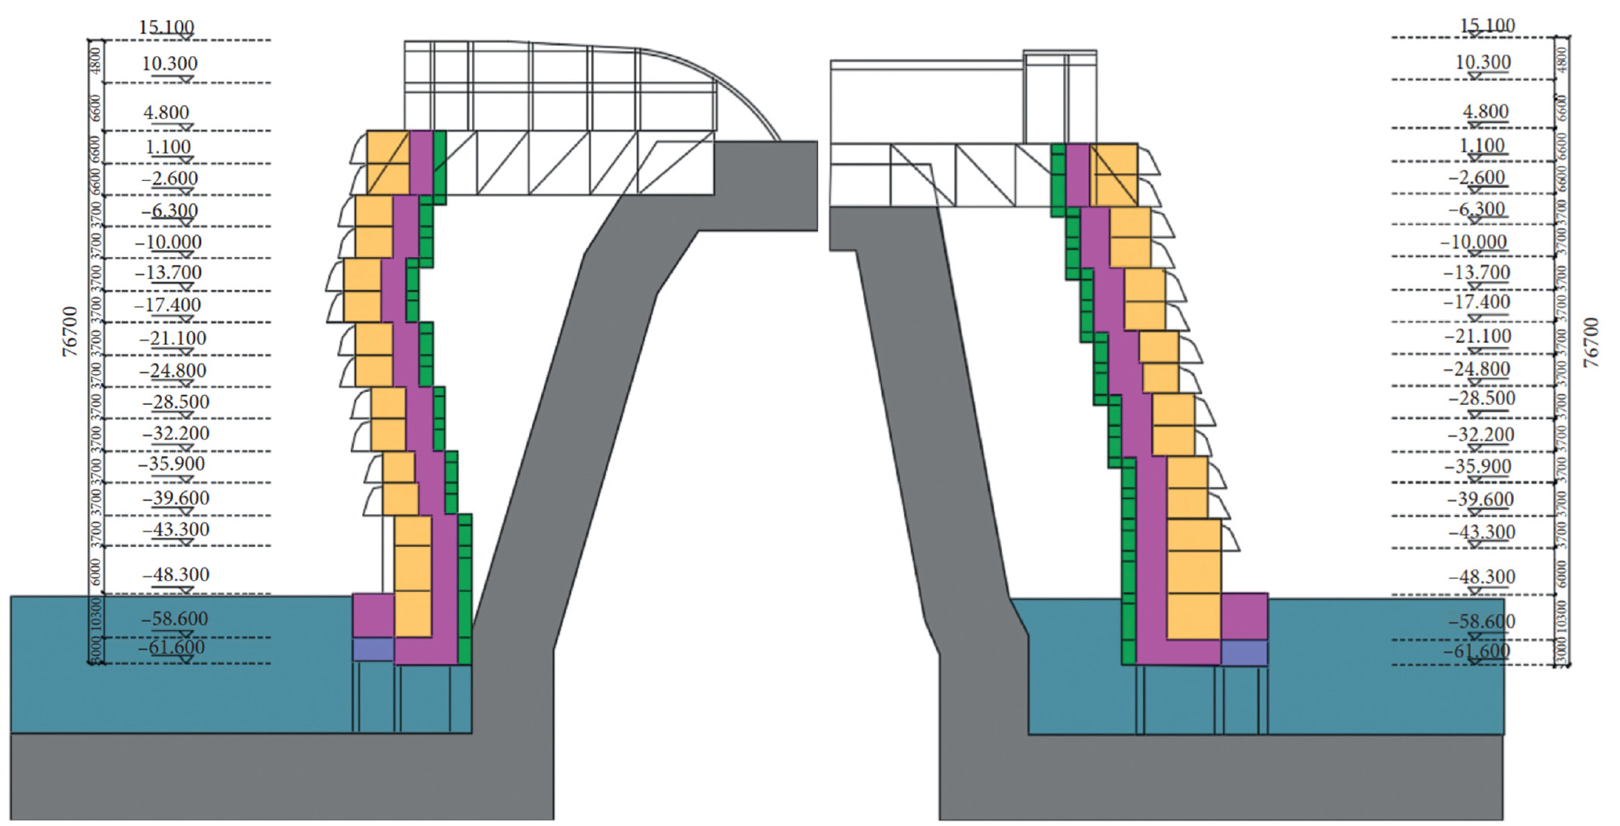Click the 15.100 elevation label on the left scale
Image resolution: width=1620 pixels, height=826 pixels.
click(167, 27)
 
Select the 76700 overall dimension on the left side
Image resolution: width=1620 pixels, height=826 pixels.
click(70, 331)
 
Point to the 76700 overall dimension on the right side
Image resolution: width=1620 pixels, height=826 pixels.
click(1591, 342)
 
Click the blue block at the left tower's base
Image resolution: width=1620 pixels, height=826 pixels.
click(373, 650)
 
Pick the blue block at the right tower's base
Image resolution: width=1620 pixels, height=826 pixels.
click(1244, 653)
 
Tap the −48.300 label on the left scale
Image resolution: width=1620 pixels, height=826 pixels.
click(176, 574)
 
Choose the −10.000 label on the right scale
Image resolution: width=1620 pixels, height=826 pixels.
click(1473, 242)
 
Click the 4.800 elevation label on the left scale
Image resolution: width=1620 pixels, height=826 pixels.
click(167, 113)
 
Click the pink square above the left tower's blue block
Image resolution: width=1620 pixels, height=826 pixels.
click(373, 614)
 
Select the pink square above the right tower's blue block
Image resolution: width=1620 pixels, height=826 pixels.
click(1244, 616)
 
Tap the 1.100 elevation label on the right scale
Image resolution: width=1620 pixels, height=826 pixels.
click(1481, 145)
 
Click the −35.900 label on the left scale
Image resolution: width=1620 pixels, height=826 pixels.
click(172, 464)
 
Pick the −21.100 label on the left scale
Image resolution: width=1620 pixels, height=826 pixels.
click(173, 338)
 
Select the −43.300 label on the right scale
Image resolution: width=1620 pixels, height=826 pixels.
click(1481, 531)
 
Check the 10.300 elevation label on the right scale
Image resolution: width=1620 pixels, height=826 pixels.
click(1483, 62)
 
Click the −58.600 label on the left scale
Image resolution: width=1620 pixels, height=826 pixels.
click(174, 618)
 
